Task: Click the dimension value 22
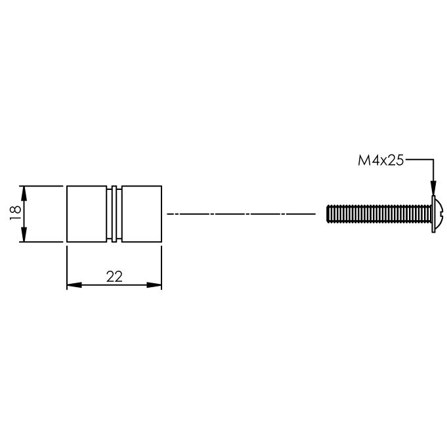[114, 277]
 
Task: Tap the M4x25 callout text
[380, 160]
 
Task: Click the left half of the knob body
[86, 214]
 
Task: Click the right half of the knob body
[142, 214]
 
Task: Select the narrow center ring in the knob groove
[114, 214]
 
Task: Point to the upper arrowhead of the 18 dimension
[24, 192]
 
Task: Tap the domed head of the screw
[438, 214]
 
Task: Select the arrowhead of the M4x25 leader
[433, 191]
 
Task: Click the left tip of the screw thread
[328, 214]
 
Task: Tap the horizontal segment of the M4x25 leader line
[419, 160]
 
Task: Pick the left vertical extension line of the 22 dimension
[67, 266]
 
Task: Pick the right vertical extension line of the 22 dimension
[162, 266]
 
